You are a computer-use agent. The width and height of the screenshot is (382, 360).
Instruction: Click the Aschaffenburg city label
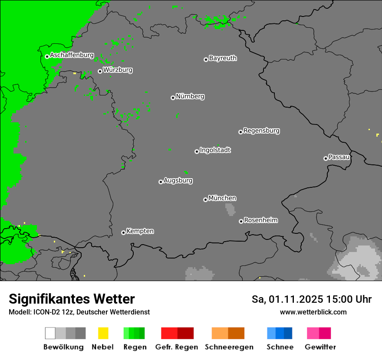72,55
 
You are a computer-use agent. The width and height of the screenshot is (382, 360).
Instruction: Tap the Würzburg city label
118,70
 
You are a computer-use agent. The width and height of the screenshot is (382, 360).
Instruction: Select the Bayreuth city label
223,58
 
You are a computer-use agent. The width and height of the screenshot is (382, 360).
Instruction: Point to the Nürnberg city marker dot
173,98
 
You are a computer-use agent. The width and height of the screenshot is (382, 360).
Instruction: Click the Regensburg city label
261,131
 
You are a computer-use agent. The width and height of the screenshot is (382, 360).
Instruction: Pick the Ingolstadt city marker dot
197,151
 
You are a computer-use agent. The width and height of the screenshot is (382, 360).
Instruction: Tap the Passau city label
339,157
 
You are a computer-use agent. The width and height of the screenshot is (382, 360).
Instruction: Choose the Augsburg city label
178,180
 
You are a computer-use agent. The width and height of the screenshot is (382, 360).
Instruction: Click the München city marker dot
205,200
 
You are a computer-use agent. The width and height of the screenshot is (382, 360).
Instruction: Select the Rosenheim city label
260,220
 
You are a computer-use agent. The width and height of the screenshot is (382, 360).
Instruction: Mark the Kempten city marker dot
123,232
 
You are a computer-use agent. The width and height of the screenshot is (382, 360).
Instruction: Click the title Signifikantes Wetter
72,299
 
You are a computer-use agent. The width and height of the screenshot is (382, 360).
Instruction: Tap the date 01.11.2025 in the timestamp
296,299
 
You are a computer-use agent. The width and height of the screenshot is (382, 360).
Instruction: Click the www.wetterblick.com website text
313,312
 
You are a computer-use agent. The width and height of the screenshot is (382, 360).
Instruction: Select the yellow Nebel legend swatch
103,333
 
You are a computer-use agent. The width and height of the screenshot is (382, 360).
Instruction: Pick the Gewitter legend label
320,347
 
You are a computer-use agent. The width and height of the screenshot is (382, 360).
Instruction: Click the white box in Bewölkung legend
50,333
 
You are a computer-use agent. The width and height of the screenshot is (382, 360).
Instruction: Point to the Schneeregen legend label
229,347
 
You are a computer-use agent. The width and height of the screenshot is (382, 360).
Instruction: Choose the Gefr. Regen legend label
176,347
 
